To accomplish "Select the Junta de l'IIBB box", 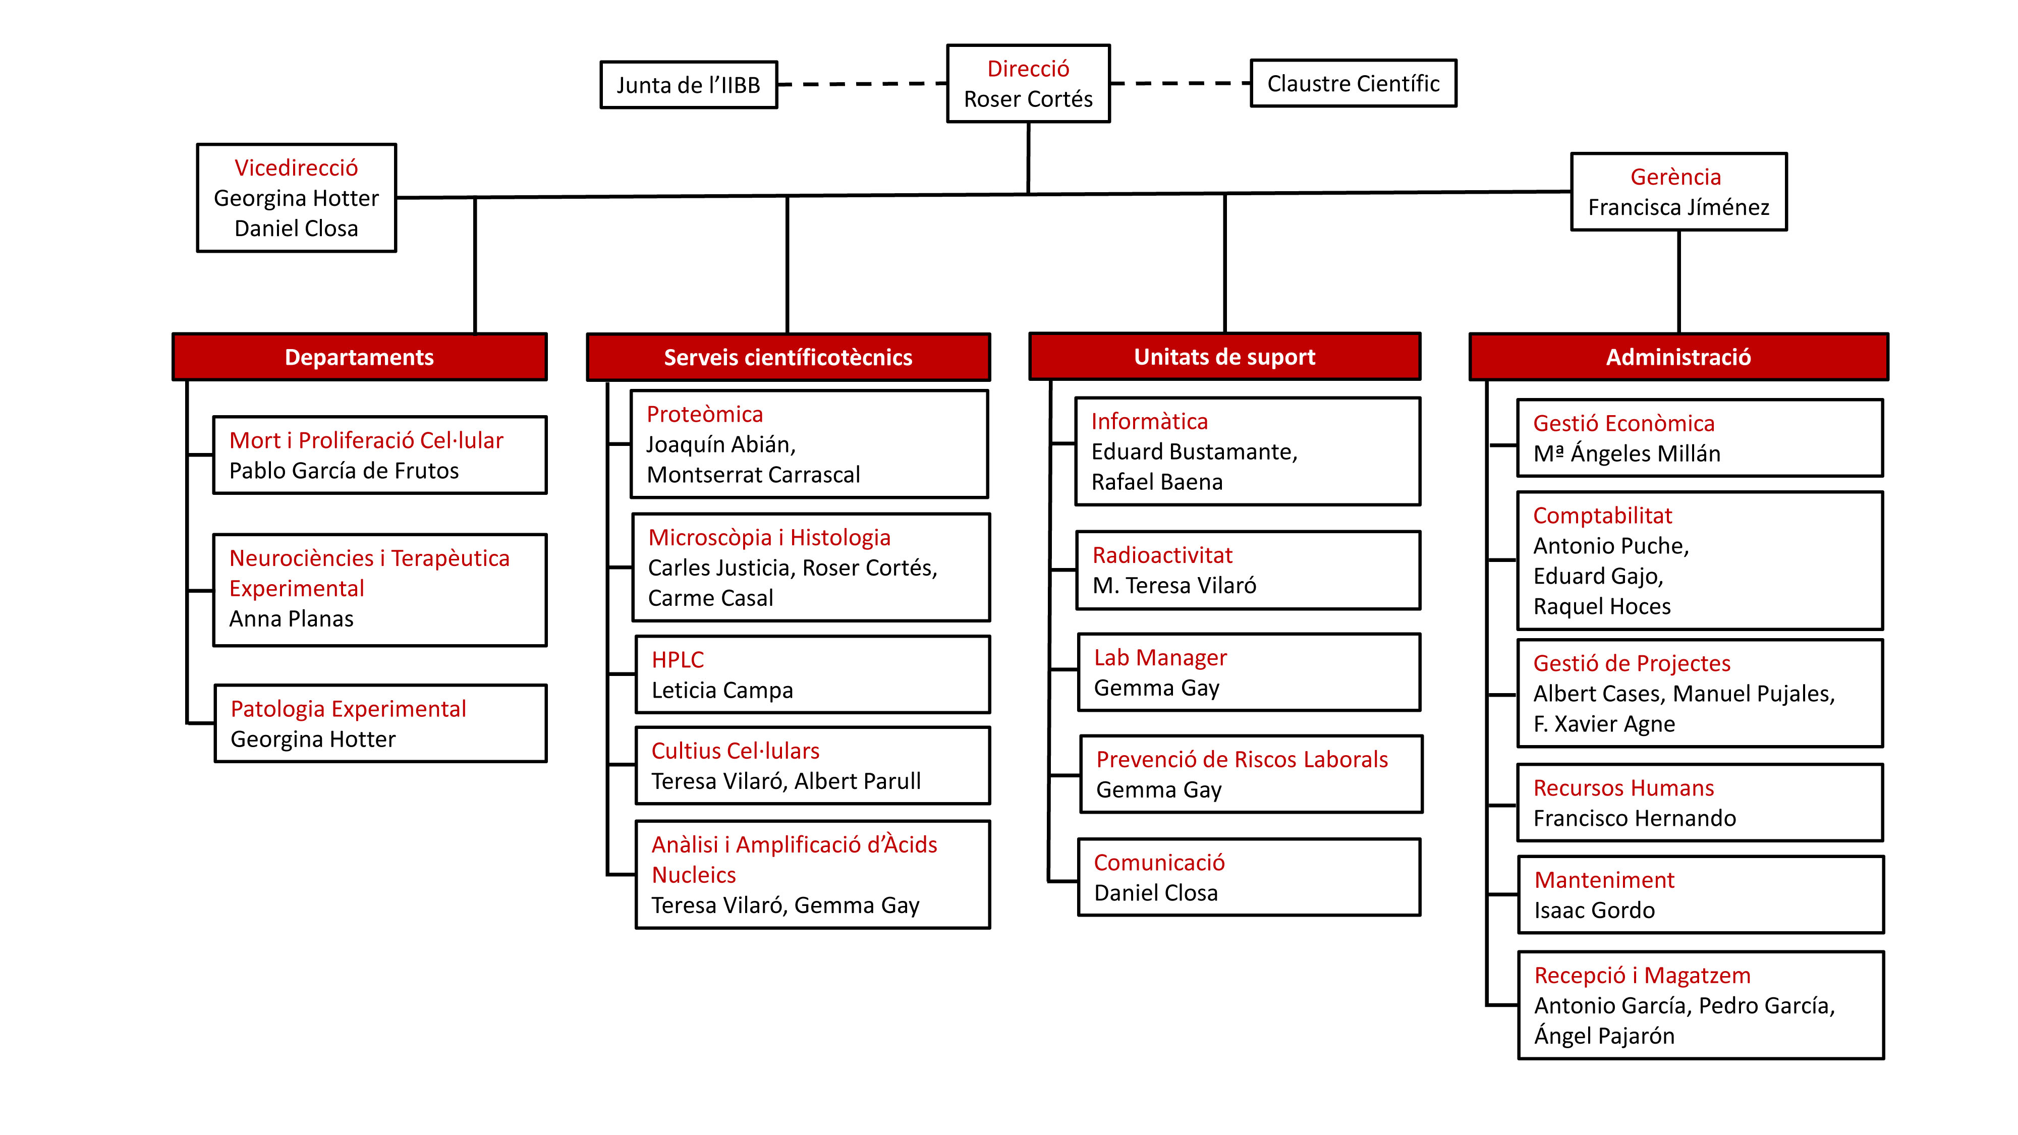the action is (x=689, y=85).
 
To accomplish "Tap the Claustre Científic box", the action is (x=1353, y=83).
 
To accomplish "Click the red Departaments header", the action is (x=360, y=357).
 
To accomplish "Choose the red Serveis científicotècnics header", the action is (x=788, y=357).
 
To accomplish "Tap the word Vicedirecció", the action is (x=296, y=167).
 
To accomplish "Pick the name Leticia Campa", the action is (x=722, y=690).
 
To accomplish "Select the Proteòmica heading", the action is (x=704, y=414).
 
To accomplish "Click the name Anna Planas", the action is (x=292, y=619).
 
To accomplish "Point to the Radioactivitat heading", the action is (x=1162, y=555).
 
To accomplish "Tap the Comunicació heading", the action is (x=1159, y=863).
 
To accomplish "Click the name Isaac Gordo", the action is (x=1594, y=910).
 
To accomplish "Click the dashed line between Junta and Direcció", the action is (x=862, y=84).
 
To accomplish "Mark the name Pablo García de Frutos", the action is (x=344, y=471).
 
